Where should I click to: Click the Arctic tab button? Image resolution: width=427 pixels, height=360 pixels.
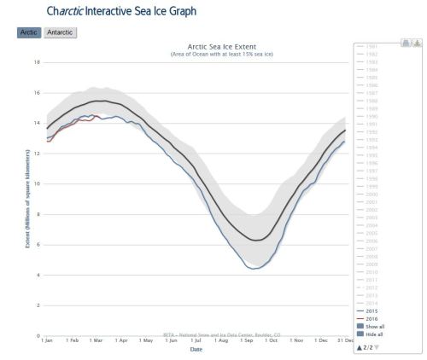[x=27, y=32]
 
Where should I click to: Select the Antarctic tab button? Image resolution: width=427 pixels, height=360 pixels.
[x=61, y=32]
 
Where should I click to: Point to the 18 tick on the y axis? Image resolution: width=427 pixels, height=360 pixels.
[x=36, y=62]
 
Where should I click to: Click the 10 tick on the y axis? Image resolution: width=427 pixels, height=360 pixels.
[x=36, y=183]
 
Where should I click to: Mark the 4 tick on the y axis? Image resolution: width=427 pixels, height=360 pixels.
[x=37, y=275]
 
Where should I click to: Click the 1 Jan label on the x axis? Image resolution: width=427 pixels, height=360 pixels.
[x=48, y=340]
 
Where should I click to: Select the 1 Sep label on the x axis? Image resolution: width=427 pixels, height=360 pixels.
[x=247, y=340]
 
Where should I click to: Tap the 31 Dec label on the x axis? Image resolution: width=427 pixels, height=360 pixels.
[x=344, y=340]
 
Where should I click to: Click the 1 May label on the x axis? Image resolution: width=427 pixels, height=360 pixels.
[x=146, y=340]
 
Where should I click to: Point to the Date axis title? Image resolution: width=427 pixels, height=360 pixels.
[x=196, y=348]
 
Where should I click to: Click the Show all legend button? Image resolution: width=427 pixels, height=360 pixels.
[x=377, y=326]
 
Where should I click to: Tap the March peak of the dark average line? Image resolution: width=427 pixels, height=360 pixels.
[x=99, y=101]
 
